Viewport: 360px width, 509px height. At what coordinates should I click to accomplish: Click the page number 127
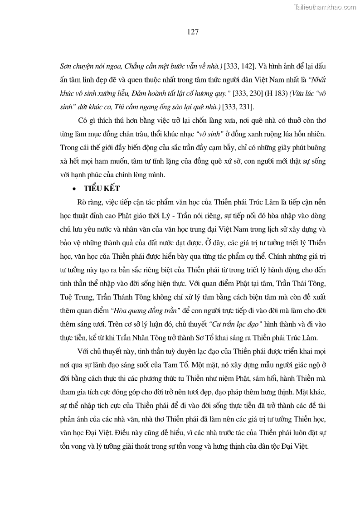180,32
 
